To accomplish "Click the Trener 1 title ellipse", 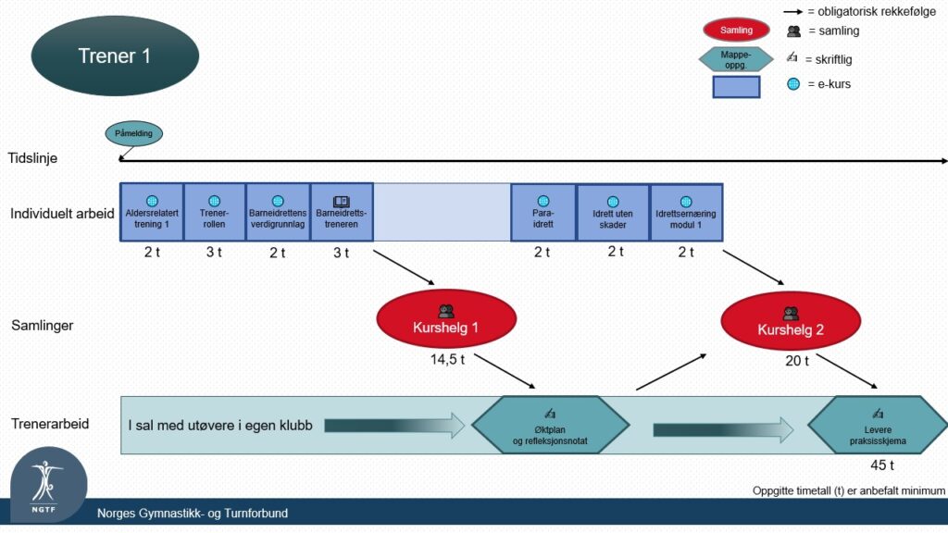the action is (x=115, y=56).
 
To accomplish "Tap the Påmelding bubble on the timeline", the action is (x=133, y=133).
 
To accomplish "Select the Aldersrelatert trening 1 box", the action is (x=152, y=213).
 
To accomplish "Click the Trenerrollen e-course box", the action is (x=215, y=213).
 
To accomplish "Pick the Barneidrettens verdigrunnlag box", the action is (x=278, y=213).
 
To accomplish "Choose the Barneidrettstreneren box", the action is (x=342, y=213).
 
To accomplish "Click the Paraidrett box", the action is (x=543, y=213).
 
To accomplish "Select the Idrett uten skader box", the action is (x=613, y=213).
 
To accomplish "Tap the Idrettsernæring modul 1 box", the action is (x=686, y=213).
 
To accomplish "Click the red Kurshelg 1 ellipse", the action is (x=446, y=318).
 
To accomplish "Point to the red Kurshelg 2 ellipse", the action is (x=791, y=321).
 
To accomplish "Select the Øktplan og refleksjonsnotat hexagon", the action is (x=550, y=425).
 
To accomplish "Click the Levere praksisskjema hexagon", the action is (x=878, y=425).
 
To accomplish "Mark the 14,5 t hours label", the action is (x=447, y=360).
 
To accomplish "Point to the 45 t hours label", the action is (x=882, y=465).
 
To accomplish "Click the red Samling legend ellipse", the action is (x=736, y=30).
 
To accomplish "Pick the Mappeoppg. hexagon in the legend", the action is (x=736, y=59).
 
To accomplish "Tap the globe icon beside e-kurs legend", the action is (x=793, y=84).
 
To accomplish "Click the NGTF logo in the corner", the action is (x=48, y=485).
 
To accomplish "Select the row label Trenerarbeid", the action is (x=50, y=424).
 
